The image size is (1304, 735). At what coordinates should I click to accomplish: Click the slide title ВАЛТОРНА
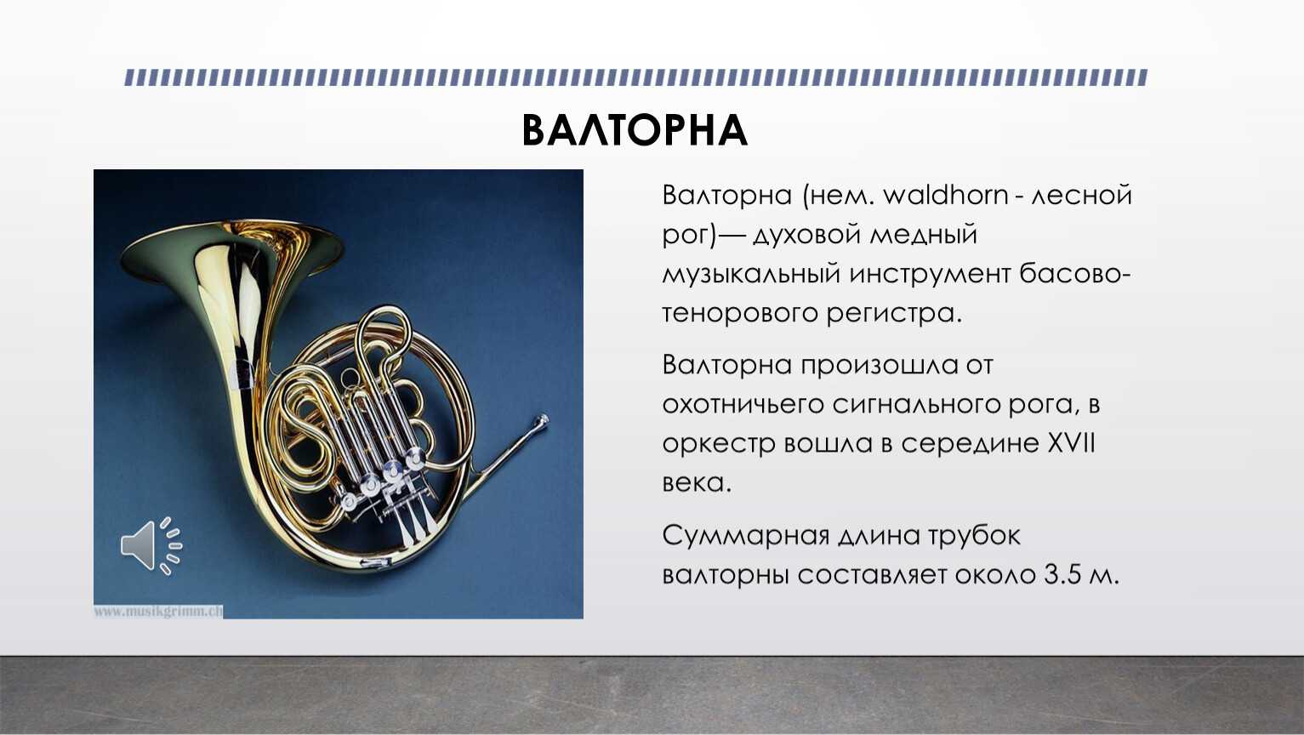tap(635, 130)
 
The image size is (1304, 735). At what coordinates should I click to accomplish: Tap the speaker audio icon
tap(151, 546)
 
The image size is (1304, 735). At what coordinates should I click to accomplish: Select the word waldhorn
tap(946, 195)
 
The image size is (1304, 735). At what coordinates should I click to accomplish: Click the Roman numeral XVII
tap(1071, 443)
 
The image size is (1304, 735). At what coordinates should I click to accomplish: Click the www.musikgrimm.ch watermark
tap(157, 612)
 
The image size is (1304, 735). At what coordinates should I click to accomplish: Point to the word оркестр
tap(719, 445)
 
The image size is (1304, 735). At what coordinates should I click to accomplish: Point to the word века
tap(697, 484)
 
